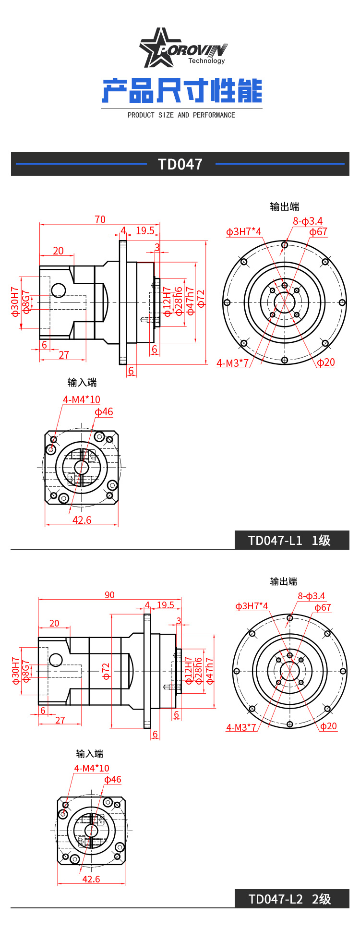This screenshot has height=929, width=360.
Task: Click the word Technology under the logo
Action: (206, 61)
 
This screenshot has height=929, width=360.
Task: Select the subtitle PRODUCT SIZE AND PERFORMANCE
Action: (181, 115)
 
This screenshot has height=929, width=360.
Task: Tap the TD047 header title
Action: (180, 164)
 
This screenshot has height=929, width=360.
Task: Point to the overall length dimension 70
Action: (100, 219)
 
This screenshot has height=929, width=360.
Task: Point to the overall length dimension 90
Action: (109, 595)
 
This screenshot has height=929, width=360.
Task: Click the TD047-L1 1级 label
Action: (289, 541)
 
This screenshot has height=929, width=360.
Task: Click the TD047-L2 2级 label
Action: (289, 899)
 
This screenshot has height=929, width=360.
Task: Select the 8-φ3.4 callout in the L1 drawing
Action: (308, 221)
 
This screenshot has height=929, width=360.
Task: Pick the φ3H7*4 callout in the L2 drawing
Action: (252, 606)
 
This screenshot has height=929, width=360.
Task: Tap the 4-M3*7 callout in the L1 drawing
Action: (233, 363)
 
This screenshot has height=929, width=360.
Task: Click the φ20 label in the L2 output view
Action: (328, 726)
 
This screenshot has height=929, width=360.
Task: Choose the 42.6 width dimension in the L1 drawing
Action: (82, 520)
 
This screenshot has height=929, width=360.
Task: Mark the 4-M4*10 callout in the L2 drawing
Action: (91, 768)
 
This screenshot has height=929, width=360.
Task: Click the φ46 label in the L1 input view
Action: (104, 412)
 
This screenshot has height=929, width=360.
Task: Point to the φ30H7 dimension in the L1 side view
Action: (15, 302)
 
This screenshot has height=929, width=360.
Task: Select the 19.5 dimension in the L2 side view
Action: (165, 605)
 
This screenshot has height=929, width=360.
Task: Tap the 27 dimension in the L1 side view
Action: (64, 355)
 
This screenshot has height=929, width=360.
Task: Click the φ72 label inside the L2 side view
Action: (106, 671)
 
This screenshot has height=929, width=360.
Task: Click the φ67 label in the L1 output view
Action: (318, 232)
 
